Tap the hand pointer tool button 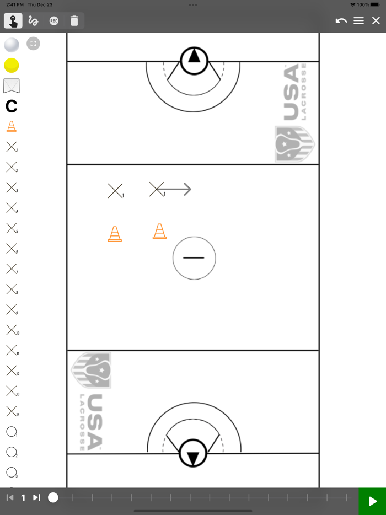tap(13, 21)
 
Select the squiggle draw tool tap(33, 21)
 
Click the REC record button tap(53, 21)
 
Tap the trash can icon tap(74, 21)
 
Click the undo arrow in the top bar tap(341, 21)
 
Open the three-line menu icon tap(358, 21)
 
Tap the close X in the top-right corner tap(376, 21)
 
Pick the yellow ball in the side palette tap(12, 66)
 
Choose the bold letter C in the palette tap(11, 106)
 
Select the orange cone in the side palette tap(11, 126)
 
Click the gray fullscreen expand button tap(33, 44)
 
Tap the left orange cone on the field tap(115, 234)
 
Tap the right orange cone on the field tap(159, 231)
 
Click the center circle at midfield tap(194, 258)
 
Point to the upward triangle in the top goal tap(194, 57)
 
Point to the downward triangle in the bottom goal tap(193, 457)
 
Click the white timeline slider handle tap(53, 498)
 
